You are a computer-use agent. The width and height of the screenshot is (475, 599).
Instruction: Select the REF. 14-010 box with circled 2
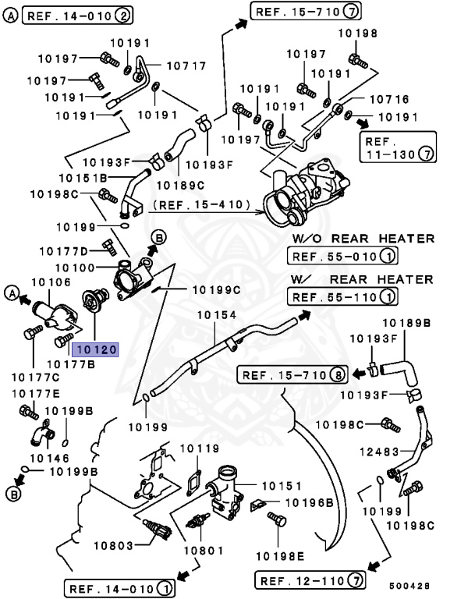click(77, 15)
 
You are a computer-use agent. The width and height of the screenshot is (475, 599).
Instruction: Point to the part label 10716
click(388, 99)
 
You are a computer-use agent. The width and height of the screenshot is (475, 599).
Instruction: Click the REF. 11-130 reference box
click(397, 147)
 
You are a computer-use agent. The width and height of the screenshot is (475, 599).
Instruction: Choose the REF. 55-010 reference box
click(342, 256)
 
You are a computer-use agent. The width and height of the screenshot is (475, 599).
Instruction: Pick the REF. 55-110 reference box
click(342, 296)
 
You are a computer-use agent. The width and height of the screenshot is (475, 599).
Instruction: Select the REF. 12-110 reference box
click(310, 580)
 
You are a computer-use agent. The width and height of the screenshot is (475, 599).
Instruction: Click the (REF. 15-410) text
click(201, 206)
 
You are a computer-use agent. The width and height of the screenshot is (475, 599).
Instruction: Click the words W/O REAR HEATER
click(362, 239)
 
